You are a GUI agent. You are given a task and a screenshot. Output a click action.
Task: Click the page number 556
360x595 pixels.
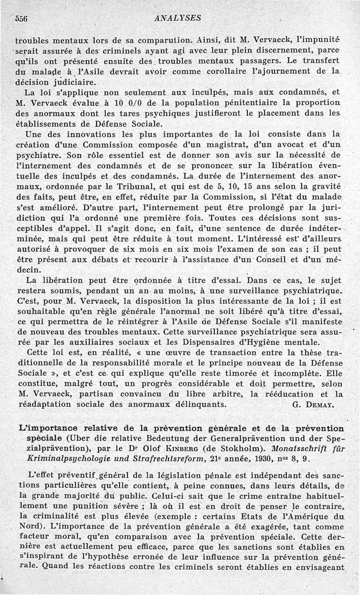(22, 18)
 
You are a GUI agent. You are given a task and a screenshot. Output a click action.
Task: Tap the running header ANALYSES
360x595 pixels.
(177, 18)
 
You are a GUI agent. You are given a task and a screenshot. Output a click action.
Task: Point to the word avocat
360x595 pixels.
(305, 145)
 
